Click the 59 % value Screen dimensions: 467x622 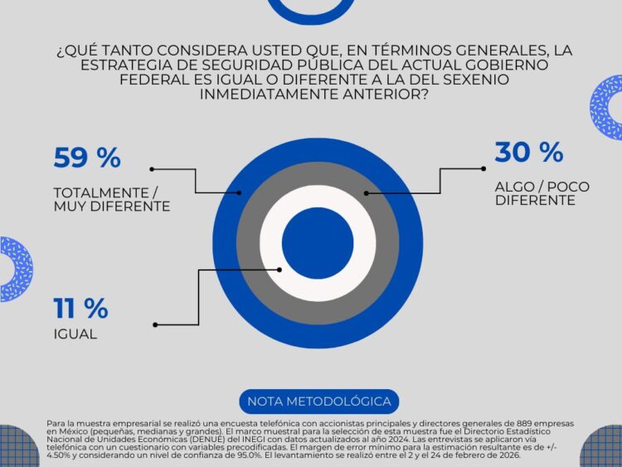click(x=87, y=158)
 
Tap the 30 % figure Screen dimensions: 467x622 click(x=528, y=153)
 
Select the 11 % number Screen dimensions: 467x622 click(x=80, y=309)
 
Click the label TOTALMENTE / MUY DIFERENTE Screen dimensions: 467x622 click(x=111, y=198)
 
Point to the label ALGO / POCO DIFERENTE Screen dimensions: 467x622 click(x=541, y=193)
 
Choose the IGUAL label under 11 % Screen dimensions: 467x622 click(x=75, y=335)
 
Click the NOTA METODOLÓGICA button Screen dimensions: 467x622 click(x=318, y=401)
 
